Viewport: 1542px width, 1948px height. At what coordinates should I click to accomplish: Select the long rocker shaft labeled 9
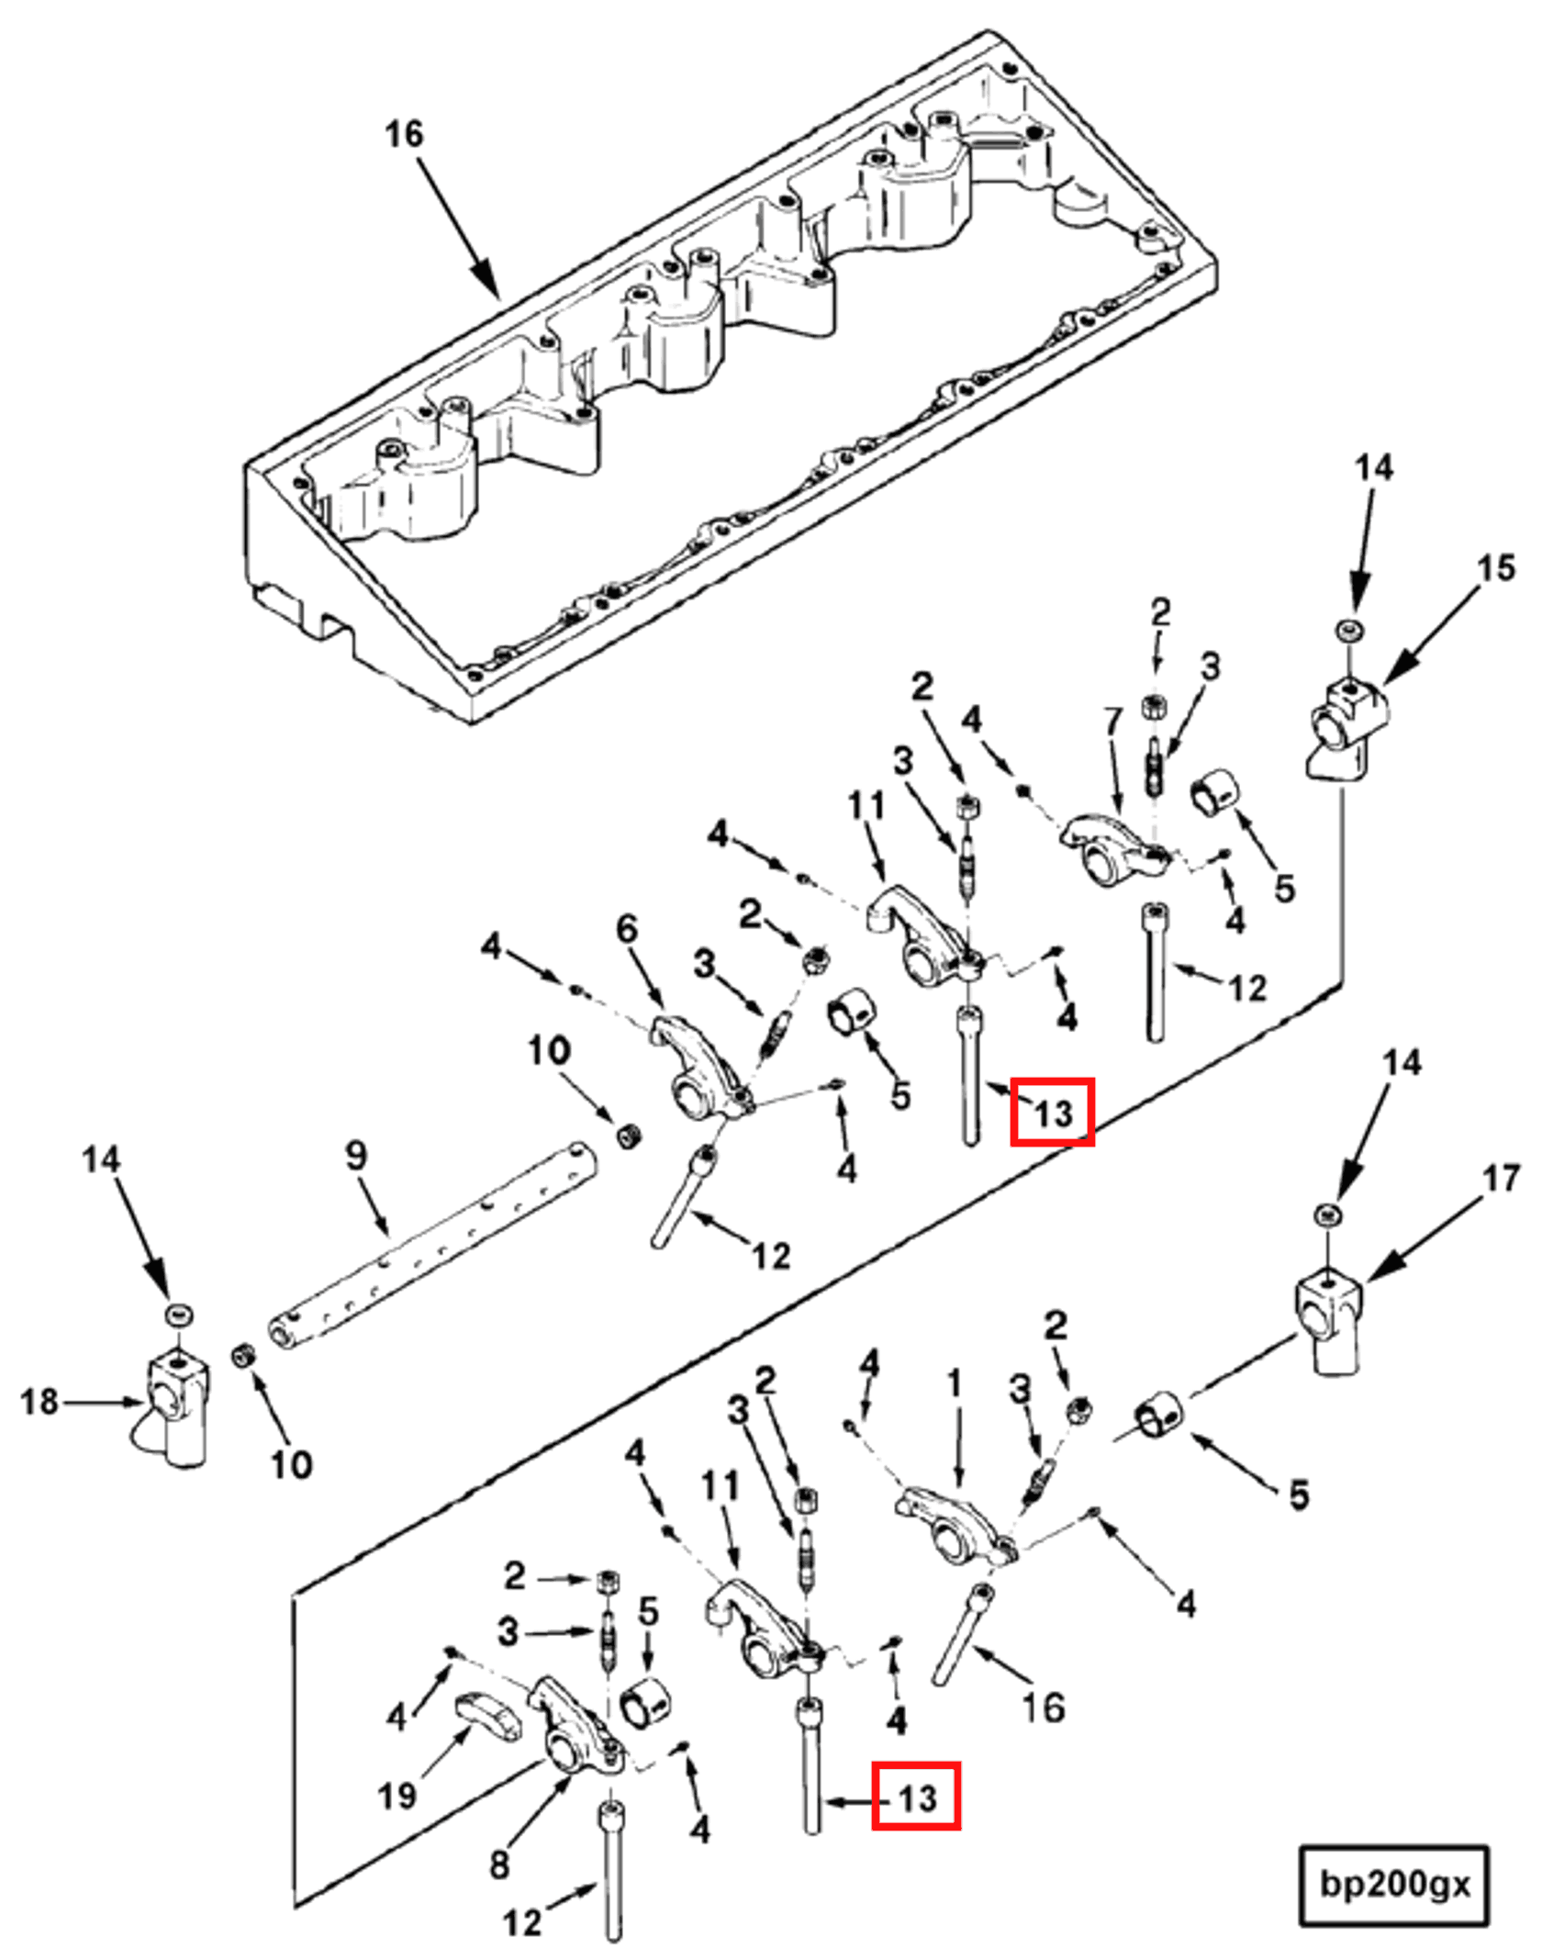[x=431, y=1250]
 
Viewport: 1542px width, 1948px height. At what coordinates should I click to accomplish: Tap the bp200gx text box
[x=1394, y=1886]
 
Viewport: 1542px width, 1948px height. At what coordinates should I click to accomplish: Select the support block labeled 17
[x=1328, y=1322]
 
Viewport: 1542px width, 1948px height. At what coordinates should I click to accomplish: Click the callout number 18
[x=39, y=1402]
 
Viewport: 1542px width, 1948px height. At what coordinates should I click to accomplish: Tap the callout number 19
[x=397, y=1796]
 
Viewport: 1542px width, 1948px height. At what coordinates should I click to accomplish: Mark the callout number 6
[x=627, y=929]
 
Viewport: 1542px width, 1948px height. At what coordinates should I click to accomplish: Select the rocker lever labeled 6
[x=698, y=1069]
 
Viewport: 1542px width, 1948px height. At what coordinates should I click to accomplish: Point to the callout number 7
[x=1112, y=722]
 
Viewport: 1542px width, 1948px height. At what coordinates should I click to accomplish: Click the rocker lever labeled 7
[x=1111, y=849]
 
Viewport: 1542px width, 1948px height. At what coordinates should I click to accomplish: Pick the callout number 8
[x=499, y=1864]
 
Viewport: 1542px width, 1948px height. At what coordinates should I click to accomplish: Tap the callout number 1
[x=954, y=1383]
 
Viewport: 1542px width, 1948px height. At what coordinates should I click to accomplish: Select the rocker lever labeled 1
[x=955, y=1528]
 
